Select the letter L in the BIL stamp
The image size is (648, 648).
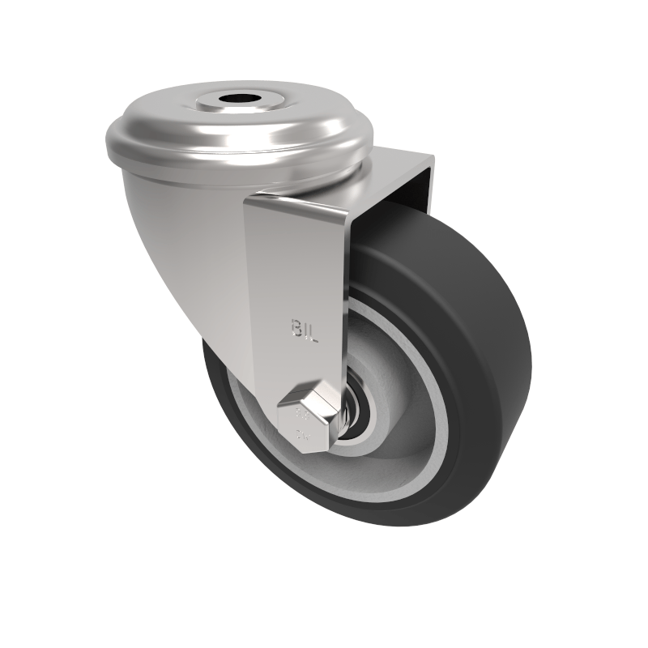click(x=315, y=330)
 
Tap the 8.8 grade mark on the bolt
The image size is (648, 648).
click(x=302, y=415)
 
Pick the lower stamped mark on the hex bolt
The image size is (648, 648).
click(x=303, y=438)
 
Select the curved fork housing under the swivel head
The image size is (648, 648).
click(x=186, y=243)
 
